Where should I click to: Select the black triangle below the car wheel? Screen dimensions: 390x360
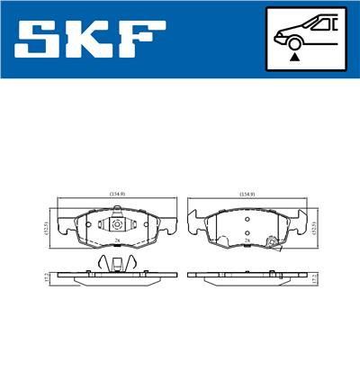[294, 57]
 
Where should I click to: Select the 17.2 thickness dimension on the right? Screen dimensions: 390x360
[315, 279]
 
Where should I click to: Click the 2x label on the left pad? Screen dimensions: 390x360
[117, 241]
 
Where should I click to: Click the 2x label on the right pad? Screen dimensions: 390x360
[246, 241]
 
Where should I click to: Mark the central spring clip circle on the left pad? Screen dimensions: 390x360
[117, 225]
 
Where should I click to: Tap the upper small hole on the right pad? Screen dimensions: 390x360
[246, 219]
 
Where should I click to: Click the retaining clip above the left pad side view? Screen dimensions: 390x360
[117, 264]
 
